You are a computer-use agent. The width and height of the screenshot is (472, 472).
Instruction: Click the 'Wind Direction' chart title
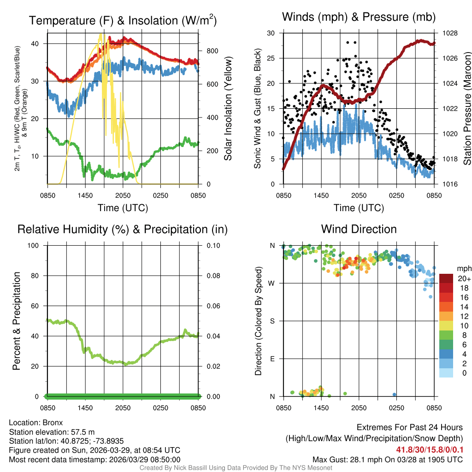[359, 229]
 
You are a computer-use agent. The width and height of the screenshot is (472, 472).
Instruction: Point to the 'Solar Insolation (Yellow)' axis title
[228, 109]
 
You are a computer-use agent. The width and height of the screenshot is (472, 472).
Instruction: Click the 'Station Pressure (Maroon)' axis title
[466, 109]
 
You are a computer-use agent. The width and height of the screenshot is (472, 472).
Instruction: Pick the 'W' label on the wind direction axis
[272, 283]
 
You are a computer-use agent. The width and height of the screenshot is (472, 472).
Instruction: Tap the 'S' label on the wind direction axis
[272, 321]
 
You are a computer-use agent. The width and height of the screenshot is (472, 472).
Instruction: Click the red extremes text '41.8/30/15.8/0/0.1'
[429, 449]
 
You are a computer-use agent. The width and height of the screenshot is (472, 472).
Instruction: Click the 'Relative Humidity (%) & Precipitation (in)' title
[122, 229]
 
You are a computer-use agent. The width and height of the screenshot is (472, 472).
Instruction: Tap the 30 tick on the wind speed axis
[271, 33]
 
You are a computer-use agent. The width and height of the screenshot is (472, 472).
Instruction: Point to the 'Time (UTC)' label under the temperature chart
[123, 208]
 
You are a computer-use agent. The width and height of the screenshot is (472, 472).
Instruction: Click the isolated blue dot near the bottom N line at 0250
[394, 395]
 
